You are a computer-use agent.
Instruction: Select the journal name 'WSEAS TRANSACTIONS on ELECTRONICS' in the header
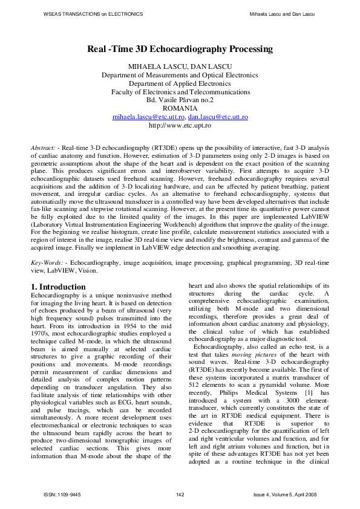pos(94,13)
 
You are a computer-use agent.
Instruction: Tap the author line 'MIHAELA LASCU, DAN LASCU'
pos(180,65)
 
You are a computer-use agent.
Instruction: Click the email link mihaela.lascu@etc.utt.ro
pos(148,117)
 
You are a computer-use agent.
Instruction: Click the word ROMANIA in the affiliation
pos(180,108)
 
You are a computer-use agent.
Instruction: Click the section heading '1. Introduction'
pos(58,286)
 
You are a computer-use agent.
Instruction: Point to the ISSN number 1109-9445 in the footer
pos(62,495)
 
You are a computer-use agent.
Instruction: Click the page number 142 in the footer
pos(180,495)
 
